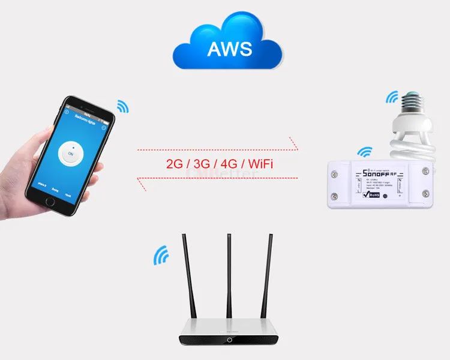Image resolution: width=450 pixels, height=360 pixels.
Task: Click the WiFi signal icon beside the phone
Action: pyautogui.click(x=123, y=107)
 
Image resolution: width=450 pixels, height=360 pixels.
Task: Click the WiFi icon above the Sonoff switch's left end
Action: pyautogui.click(x=364, y=152)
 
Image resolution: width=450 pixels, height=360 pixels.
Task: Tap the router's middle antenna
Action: pyautogui.click(x=229, y=276)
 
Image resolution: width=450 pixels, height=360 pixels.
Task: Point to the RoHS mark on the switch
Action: pyautogui.click(x=374, y=194)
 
